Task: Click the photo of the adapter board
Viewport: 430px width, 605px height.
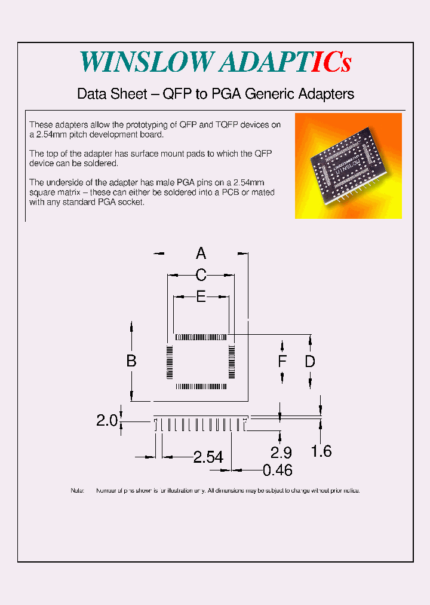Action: (x=348, y=166)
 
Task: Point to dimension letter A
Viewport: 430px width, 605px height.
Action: (x=201, y=253)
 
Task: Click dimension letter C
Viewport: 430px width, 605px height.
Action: (x=201, y=276)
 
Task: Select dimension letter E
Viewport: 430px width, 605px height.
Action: (x=201, y=297)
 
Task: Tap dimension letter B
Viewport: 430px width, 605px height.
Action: (x=131, y=361)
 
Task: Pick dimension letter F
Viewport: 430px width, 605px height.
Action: (x=282, y=361)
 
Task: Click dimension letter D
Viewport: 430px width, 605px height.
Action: (x=310, y=361)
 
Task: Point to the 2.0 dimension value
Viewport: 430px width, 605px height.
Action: (x=107, y=421)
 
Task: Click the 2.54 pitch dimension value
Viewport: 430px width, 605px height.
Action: (x=208, y=457)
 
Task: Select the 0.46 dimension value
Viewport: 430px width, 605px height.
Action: (x=278, y=470)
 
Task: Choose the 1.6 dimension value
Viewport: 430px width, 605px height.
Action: (x=321, y=451)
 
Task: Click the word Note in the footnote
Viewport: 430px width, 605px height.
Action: (x=78, y=491)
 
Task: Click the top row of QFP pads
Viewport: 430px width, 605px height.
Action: (x=201, y=338)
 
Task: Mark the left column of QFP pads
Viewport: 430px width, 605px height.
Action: (x=170, y=362)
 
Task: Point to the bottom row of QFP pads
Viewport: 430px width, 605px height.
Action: (x=201, y=387)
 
